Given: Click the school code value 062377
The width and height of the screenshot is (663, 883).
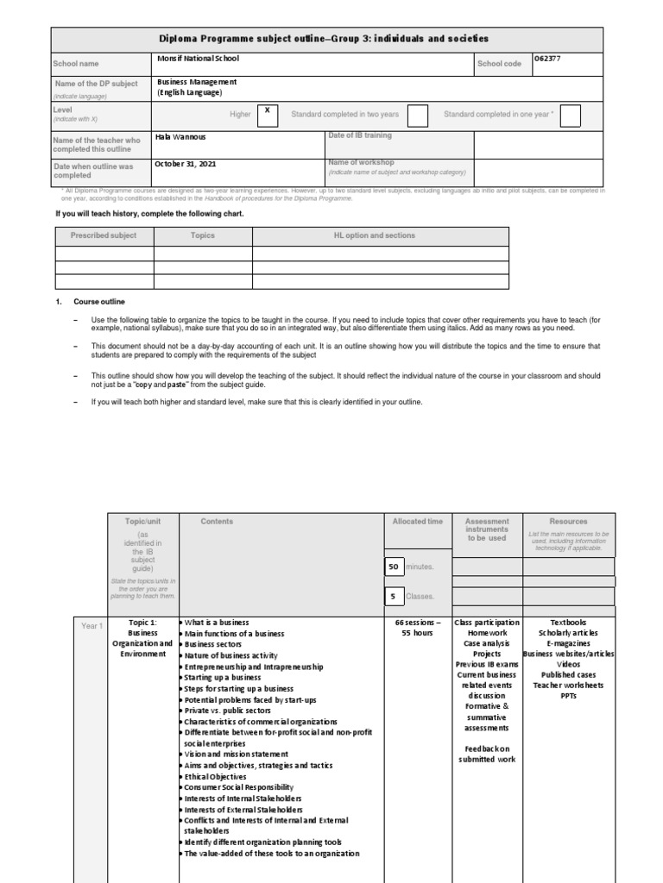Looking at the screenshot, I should point(552,59).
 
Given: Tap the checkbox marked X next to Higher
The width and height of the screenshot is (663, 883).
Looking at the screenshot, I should point(268,114).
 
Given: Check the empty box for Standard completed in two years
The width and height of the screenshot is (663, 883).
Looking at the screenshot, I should point(417,116).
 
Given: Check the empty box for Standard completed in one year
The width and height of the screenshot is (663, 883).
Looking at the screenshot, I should point(571,116).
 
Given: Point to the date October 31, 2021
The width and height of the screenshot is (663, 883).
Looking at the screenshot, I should point(186,162).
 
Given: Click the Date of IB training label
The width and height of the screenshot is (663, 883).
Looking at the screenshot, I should point(360,136).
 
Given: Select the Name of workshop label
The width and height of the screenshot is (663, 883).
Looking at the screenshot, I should point(361,162).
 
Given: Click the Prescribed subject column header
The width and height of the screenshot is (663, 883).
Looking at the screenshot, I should point(104,235).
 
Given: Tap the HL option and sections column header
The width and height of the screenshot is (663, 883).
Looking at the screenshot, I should point(375,235).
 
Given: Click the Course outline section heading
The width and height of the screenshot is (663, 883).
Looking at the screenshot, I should point(99,302).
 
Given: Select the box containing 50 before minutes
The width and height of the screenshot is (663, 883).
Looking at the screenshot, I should point(394,567).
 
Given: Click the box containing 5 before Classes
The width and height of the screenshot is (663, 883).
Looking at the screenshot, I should point(394,596).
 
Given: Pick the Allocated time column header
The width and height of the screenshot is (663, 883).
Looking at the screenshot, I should point(418,522).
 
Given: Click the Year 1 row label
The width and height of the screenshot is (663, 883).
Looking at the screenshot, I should point(92,626).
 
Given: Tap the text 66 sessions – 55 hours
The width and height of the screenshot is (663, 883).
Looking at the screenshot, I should point(418,627).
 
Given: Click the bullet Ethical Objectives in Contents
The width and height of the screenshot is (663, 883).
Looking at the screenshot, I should point(216,776).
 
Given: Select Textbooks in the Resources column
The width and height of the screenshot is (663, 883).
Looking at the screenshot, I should point(568,622).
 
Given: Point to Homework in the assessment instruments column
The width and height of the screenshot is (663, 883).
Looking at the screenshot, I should point(487,632).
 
